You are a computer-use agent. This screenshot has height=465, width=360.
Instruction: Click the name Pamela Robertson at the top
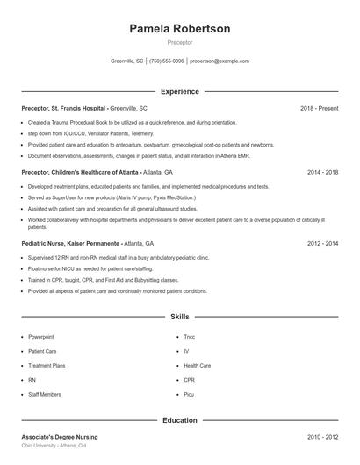click(x=179, y=29)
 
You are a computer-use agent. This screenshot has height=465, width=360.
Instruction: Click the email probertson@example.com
click(x=220, y=61)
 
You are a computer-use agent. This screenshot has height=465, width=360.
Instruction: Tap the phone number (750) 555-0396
click(x=167, y=61)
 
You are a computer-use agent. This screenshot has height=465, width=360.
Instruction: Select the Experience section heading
click(x=179, y=91)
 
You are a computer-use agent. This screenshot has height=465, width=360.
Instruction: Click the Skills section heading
click(x=179, y=316)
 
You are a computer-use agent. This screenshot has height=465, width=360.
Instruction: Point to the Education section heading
click(x=179, y=420)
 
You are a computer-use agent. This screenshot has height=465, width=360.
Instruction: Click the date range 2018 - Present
click(x=319, y=108)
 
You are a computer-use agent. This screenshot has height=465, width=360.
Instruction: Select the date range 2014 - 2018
click(x=322, y=173)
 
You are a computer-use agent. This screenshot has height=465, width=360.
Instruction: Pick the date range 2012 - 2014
click(x=322, y=243)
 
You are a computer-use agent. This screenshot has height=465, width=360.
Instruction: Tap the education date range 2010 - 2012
click(x=322, y=436)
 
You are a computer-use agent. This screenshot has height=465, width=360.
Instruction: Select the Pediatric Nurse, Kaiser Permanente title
click(x=71, y=243)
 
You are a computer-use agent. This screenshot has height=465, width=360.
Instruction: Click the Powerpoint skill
click(x=40, y=337)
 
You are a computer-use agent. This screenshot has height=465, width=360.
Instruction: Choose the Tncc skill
click(x=189, y=337)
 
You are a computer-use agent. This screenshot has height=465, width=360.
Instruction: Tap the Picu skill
click(x=189, y=394)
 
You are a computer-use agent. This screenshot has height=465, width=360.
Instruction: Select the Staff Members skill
click(x=44, y=394)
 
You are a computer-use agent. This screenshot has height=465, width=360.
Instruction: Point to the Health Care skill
click(x=197, y=365)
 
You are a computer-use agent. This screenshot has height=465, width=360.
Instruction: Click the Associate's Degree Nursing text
click(x=60, y=436)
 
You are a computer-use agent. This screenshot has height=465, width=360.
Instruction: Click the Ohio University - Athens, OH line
click(x=54, y=446)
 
